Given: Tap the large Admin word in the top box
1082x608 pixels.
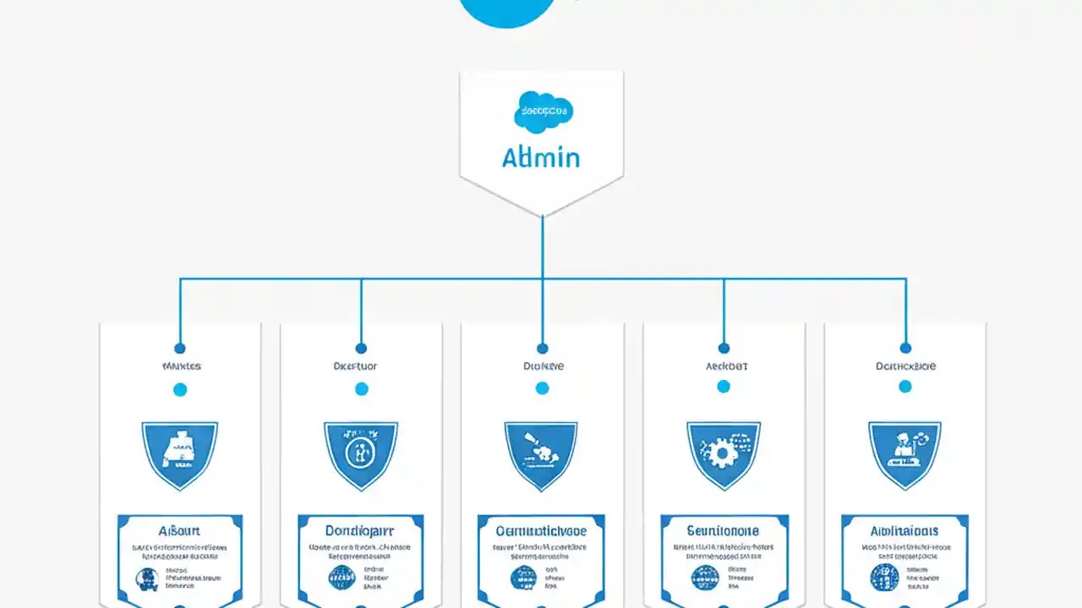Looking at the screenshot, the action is point(541,157).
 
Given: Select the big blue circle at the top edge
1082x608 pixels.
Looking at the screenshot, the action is point(507,10).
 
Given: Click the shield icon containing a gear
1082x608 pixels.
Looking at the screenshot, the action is point(724,454).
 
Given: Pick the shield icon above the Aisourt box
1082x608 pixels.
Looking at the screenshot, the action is point(179,454).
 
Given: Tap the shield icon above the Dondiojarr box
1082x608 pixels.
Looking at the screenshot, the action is point(361,454).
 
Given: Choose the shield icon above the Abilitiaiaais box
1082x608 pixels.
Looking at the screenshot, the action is point(904,454).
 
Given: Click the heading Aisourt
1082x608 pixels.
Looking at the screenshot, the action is point(179,531).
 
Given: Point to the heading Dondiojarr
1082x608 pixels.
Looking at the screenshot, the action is point(361,531).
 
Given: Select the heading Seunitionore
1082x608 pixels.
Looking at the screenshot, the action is point(724,531).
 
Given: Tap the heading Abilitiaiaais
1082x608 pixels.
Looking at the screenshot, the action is point(904,531).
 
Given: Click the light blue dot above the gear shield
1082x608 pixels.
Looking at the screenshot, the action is point(724,387).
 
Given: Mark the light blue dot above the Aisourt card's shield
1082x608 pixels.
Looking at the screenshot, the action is point(179,389).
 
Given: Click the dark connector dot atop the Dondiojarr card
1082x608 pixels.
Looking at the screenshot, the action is point(361,348).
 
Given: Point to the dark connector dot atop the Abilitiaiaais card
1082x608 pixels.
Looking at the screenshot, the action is point(905,348).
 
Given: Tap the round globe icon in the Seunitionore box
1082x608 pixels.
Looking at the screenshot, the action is point(705,578).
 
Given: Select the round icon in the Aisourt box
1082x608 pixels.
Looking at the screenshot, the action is point(148,578).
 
